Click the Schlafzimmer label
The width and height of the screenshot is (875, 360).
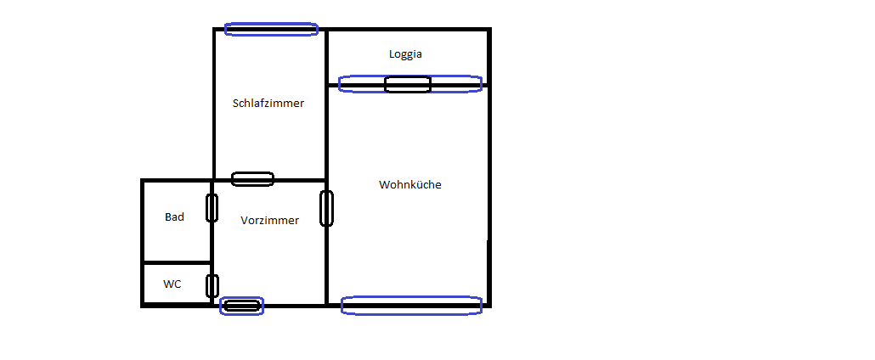[x=268, y=104]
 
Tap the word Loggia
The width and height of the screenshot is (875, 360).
[x=406, y=54]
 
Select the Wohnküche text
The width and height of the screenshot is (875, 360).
[x=410, y=184]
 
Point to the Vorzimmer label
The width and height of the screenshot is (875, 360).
[x=269, y=221]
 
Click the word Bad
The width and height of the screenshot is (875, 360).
[x=174, y=217]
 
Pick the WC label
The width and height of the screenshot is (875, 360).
[x=172, y=284]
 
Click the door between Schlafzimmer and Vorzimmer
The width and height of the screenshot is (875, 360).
[x=253, y=179]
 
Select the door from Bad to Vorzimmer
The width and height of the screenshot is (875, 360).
[x=212, y=208]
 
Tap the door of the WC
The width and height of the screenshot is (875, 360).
[x=212, y=286]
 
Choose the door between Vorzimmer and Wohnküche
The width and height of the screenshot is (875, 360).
[x=327, y=208]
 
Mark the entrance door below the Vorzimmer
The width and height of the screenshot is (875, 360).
[x=241, y=306]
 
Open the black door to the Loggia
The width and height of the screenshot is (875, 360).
[x=408, y=84]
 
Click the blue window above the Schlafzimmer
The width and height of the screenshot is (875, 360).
[x=271, y=29]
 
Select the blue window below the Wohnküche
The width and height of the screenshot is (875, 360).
[x=411, y=306]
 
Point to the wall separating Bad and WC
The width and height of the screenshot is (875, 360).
[x=177, y=262]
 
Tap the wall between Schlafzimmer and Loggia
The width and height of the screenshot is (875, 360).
[x=326, y=57]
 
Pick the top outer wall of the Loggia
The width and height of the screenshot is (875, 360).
[x=408, y=29]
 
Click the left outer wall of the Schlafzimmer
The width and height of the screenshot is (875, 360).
[x=214, y=104]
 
